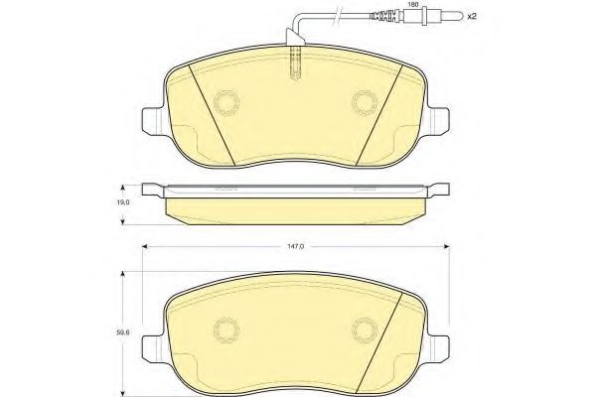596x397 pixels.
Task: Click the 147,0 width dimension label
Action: pyautogui.click(x=295, y=246)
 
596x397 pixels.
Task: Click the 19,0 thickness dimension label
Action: pyautogui.click(x=123, y=202)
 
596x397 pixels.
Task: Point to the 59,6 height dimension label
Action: pyautogui.click(x=123, y=331)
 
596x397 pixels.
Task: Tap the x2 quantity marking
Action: pyautogui.click(x=472, y=16)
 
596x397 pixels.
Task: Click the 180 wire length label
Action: pyautogui.click(x=413, y=5)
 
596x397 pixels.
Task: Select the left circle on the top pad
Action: pyautogui.click(x=226, y=102)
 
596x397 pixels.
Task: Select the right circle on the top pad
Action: pyautogui.click(x=365, y=102)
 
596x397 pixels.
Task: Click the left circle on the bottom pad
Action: pyautogui.click(x=226, y=330)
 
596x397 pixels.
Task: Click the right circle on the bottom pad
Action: pyautogui.click(x=365, y=330)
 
